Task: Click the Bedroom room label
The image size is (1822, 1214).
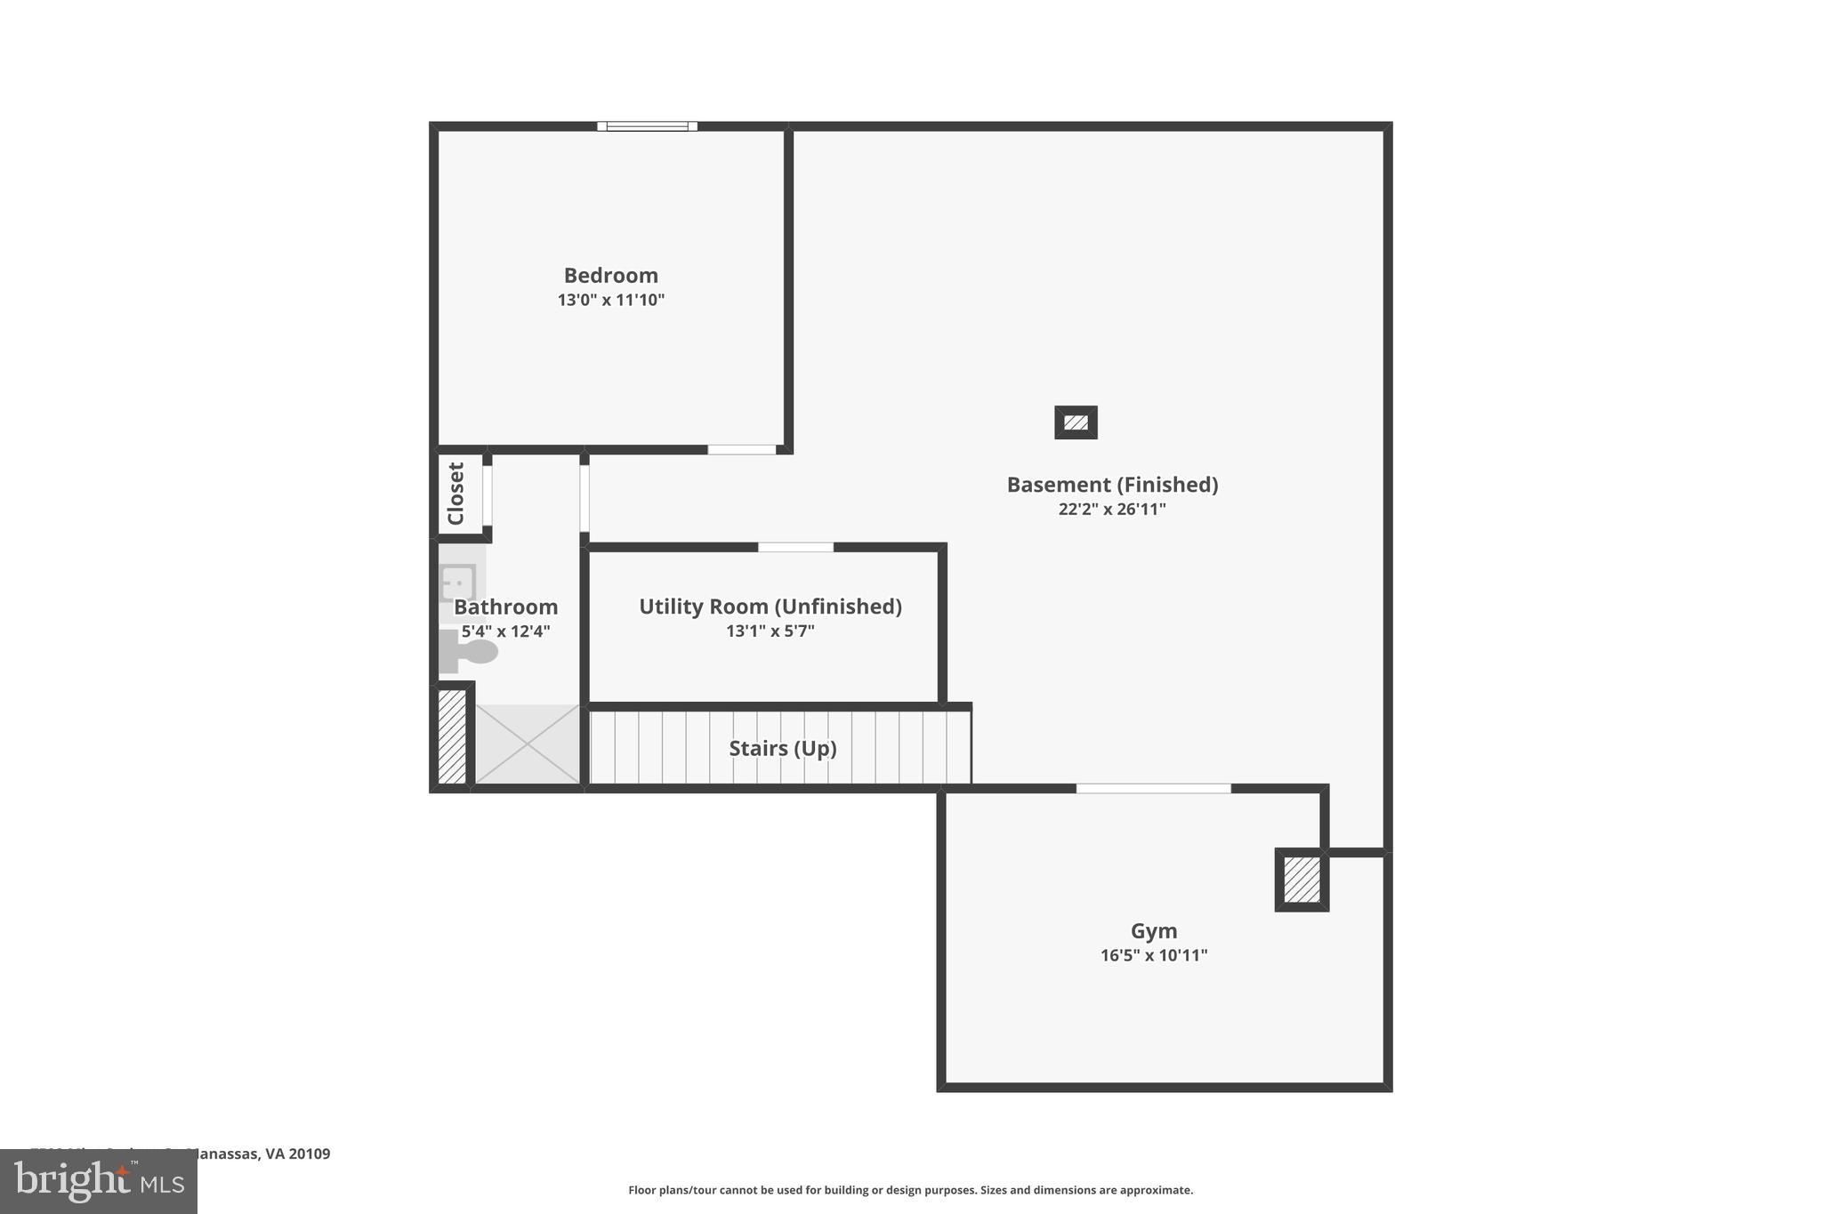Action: click(x=610, y=276)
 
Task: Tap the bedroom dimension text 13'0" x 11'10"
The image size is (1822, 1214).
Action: click(x=610, y=300)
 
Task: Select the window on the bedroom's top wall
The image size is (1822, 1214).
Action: click(x=647, y=126)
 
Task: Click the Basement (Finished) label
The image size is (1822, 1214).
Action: click(x=1112, y=485)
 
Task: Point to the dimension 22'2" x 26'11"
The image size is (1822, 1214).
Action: click(x=1112, y=510)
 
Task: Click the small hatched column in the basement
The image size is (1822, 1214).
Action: click(x=1076, y=422)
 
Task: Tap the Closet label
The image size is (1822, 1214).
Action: click(x=455, y=494)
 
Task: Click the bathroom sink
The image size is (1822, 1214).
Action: click(x=458, y=583)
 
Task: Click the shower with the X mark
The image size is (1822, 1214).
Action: click(x=528, y=744)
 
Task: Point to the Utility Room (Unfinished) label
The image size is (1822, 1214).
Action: click(x=770, y=607)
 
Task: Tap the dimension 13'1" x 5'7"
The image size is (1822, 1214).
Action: click(x=770, y=631)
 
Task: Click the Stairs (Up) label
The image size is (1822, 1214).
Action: click(x=782, y=749)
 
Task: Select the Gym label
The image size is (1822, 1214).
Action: click(x=1154, y=931)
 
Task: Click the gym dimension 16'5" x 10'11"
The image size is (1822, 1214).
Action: click(x=1154, y=955)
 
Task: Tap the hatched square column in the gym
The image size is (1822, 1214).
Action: click(x=1302, y=880)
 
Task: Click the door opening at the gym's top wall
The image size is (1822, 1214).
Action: click(x=1153, y=789)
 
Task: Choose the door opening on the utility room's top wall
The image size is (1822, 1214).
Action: click(x=795, y=547)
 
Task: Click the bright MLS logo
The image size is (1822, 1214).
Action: click(x=99, y=1181)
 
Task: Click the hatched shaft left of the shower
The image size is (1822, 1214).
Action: click(x=452, y=737)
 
